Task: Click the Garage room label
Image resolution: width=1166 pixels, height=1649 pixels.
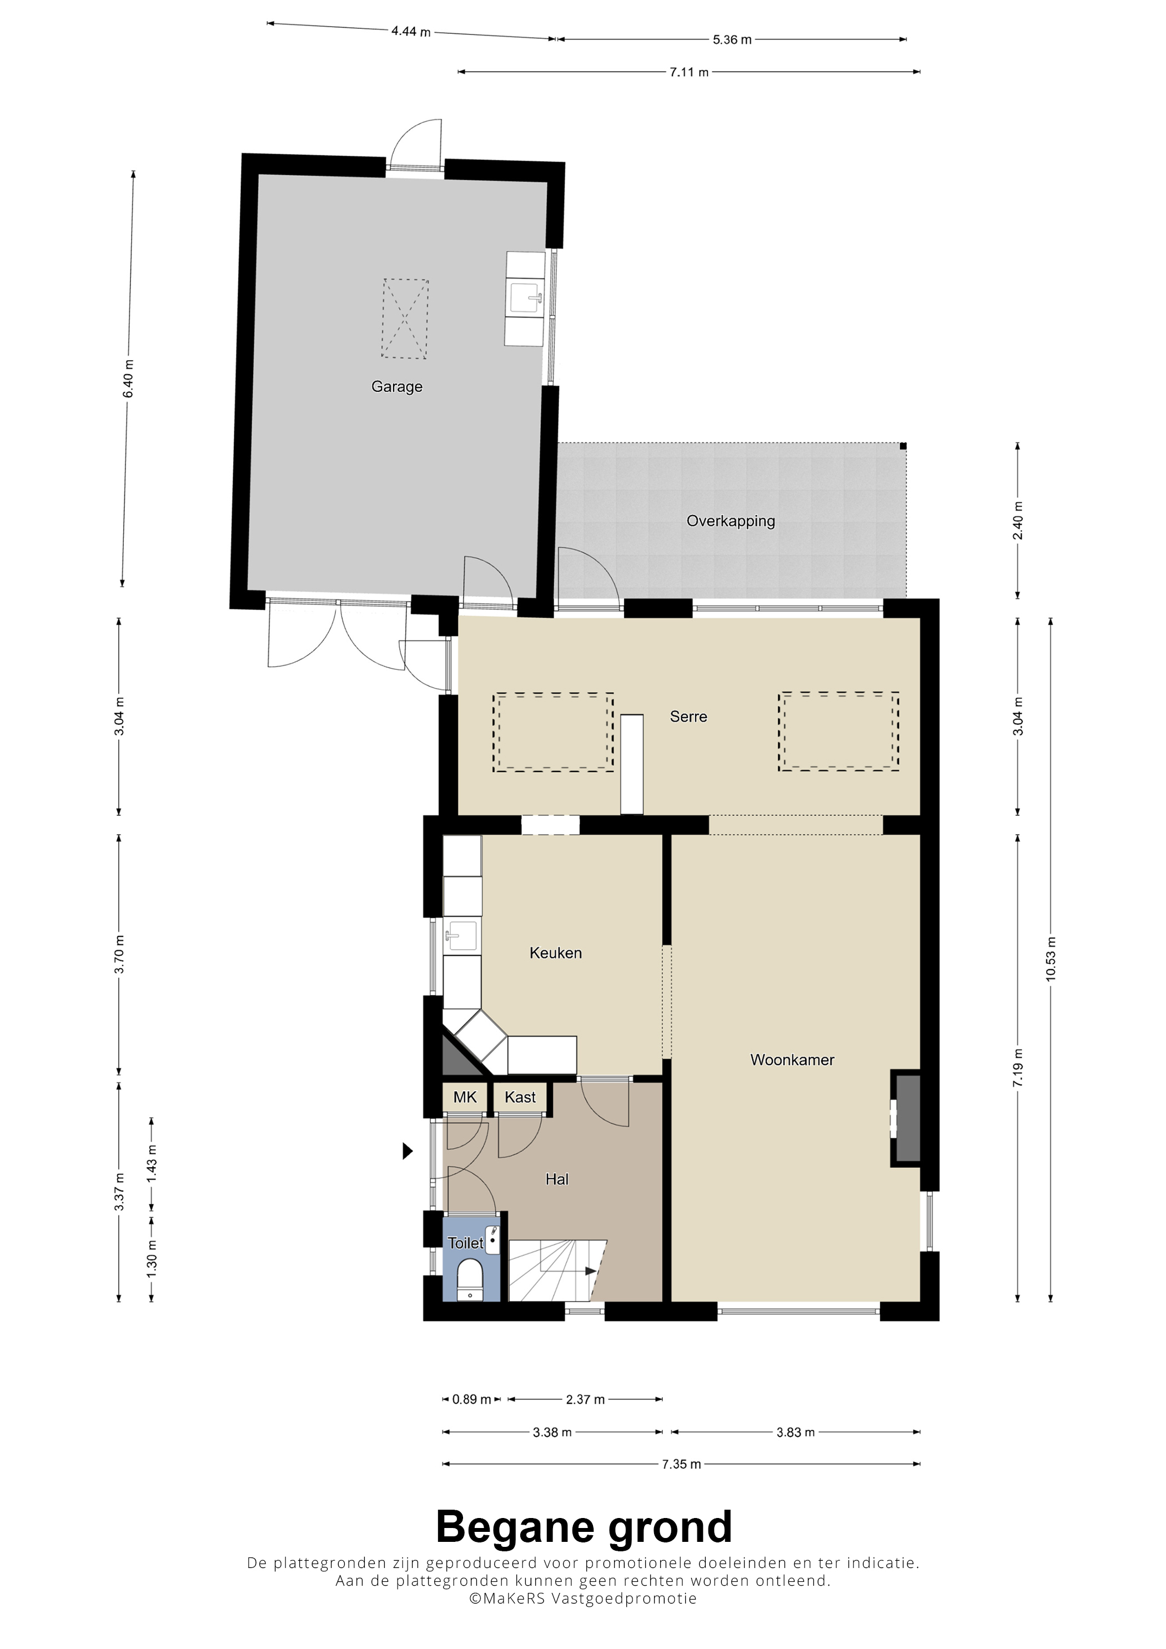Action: pos(396,386)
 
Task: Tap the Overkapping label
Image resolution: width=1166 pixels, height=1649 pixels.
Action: pos(731,521)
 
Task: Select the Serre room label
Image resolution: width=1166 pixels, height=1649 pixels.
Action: pos(688,716)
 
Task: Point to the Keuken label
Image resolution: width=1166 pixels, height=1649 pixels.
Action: pos(555,952)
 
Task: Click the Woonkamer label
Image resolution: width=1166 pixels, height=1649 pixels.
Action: pos(792,1060)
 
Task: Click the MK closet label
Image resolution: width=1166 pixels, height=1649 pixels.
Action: pos(465,1097)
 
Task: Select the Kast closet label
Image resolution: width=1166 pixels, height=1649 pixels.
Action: pos(520,1097)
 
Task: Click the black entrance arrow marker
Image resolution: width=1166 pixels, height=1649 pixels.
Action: pos(408,1151)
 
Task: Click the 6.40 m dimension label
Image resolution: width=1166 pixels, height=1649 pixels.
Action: pos(129,379)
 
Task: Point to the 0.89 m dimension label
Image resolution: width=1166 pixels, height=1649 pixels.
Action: pos(471,1399)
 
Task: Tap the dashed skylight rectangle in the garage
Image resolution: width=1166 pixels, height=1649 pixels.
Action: pos(405,319)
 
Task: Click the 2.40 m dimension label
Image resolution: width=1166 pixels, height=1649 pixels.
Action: pos(1017,521)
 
